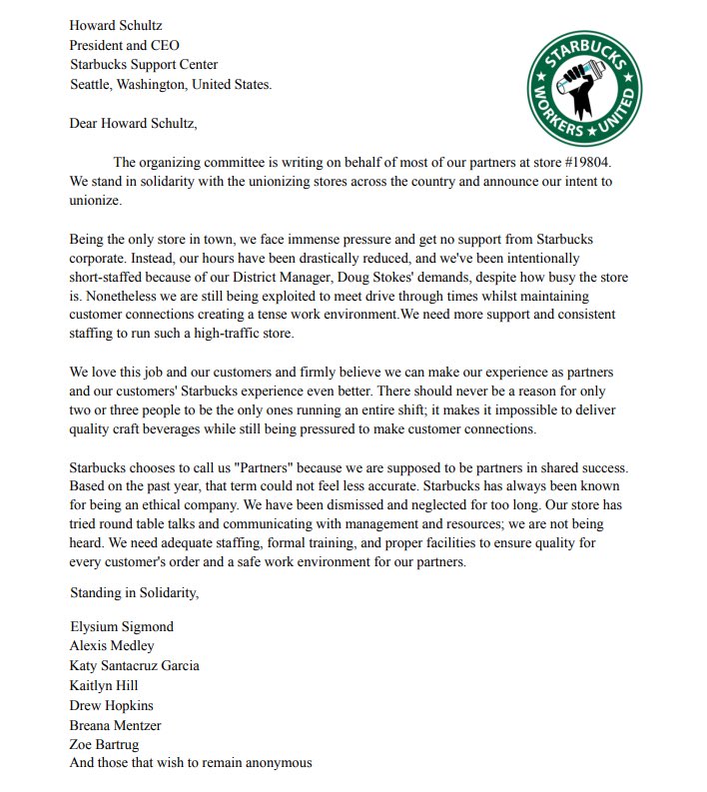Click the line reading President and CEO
click(124, 45)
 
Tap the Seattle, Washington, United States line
click(170, 85)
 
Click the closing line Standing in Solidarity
click(134, 592)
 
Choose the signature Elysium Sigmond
click(122, 627)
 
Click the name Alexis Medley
click(112, 646)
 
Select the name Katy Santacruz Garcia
click(134, 666)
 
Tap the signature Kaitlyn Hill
click(104, 685)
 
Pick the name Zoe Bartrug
click(106, 744)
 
